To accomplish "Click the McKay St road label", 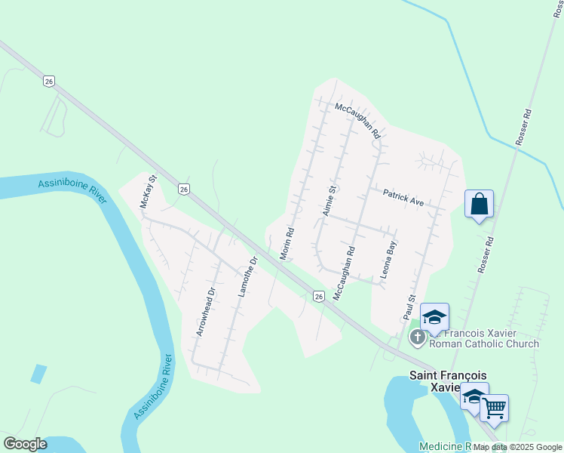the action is [x=147, y=193].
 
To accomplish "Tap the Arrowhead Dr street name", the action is [x=206, y=311].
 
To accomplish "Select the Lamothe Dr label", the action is [x=247, y=277].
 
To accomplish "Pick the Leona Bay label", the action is [x=388, y=260].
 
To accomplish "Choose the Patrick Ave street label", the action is [x=403, y=198].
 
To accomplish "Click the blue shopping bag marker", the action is [x=479, y=204].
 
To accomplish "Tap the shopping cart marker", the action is [x=494, y=408].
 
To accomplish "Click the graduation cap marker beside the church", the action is [x=434, y=318].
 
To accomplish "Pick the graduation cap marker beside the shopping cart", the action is [x=474, y=396].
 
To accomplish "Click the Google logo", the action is [x=25, y=444].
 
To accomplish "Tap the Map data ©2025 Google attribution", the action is [x=518, y=447].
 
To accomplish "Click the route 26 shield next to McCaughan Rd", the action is [x=320, y=297].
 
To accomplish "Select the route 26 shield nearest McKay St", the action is [x=184, y=188].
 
